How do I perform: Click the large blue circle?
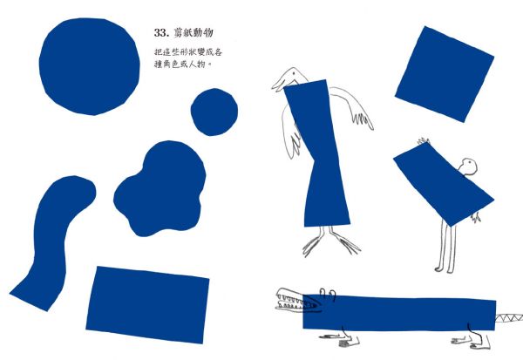click(x=89, y=66)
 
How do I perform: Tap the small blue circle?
click(x=214, y=112)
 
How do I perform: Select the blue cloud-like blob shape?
click(x=160, y=189)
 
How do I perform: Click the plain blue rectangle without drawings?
click(x=147, y=304)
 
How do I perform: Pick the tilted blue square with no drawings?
click(x=445, y=74)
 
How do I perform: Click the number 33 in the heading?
click(x=160, y=33)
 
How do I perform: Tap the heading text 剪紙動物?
click(x=194, y=32)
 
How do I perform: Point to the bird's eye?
click(x=293, y=72)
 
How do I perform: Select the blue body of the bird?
click(x=317, y=153)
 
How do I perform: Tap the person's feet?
click(x=445, y=269)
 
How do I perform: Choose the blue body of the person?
click(x=444, y=185)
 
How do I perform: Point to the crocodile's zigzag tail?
click(x=509, y=317)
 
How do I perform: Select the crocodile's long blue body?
click(x=399, y=313)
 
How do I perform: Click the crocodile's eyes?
click(x=328, y=293)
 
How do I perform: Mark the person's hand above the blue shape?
click(x=424, y=140)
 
